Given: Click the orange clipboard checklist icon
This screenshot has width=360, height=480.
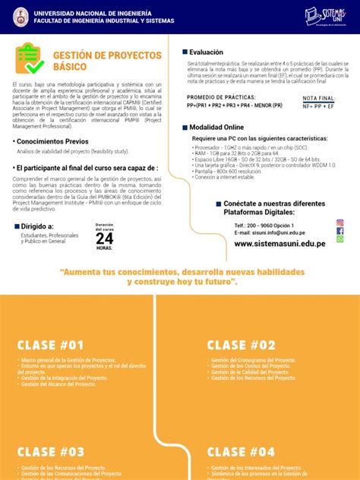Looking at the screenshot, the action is click(x=29, y=60).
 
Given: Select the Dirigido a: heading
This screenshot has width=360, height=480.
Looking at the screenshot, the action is click(x=37, y=226).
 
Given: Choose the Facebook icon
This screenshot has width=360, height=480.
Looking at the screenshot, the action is click(x=339, y=231).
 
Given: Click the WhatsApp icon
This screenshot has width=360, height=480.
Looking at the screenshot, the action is click(x=339, y=239).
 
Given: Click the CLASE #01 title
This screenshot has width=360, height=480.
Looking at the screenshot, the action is click(x=51, y=344).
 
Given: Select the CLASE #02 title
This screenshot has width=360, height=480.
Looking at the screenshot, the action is click(x=242, y=344).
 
